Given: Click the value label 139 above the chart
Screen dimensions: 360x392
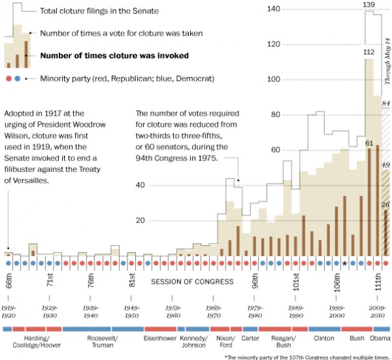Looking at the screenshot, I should [x=369, y=5].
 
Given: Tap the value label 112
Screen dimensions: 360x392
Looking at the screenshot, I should [x=369, y=52].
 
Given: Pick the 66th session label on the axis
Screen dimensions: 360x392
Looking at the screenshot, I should [x=8, y=284].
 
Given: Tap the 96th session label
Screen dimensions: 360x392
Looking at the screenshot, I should [x=255, y=285].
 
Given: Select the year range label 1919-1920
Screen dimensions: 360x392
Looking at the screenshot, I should [x=8, y=312].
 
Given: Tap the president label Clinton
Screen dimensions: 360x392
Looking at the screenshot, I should [x=323, y=338].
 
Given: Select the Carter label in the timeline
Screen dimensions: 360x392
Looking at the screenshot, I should [x=250, y=338].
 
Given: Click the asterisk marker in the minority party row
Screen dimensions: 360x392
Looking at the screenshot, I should [x=345, y=263].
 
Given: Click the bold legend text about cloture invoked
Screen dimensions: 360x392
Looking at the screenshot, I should [x=114, y=56].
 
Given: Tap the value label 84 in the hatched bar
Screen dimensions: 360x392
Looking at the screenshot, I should [x=386, y=104].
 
